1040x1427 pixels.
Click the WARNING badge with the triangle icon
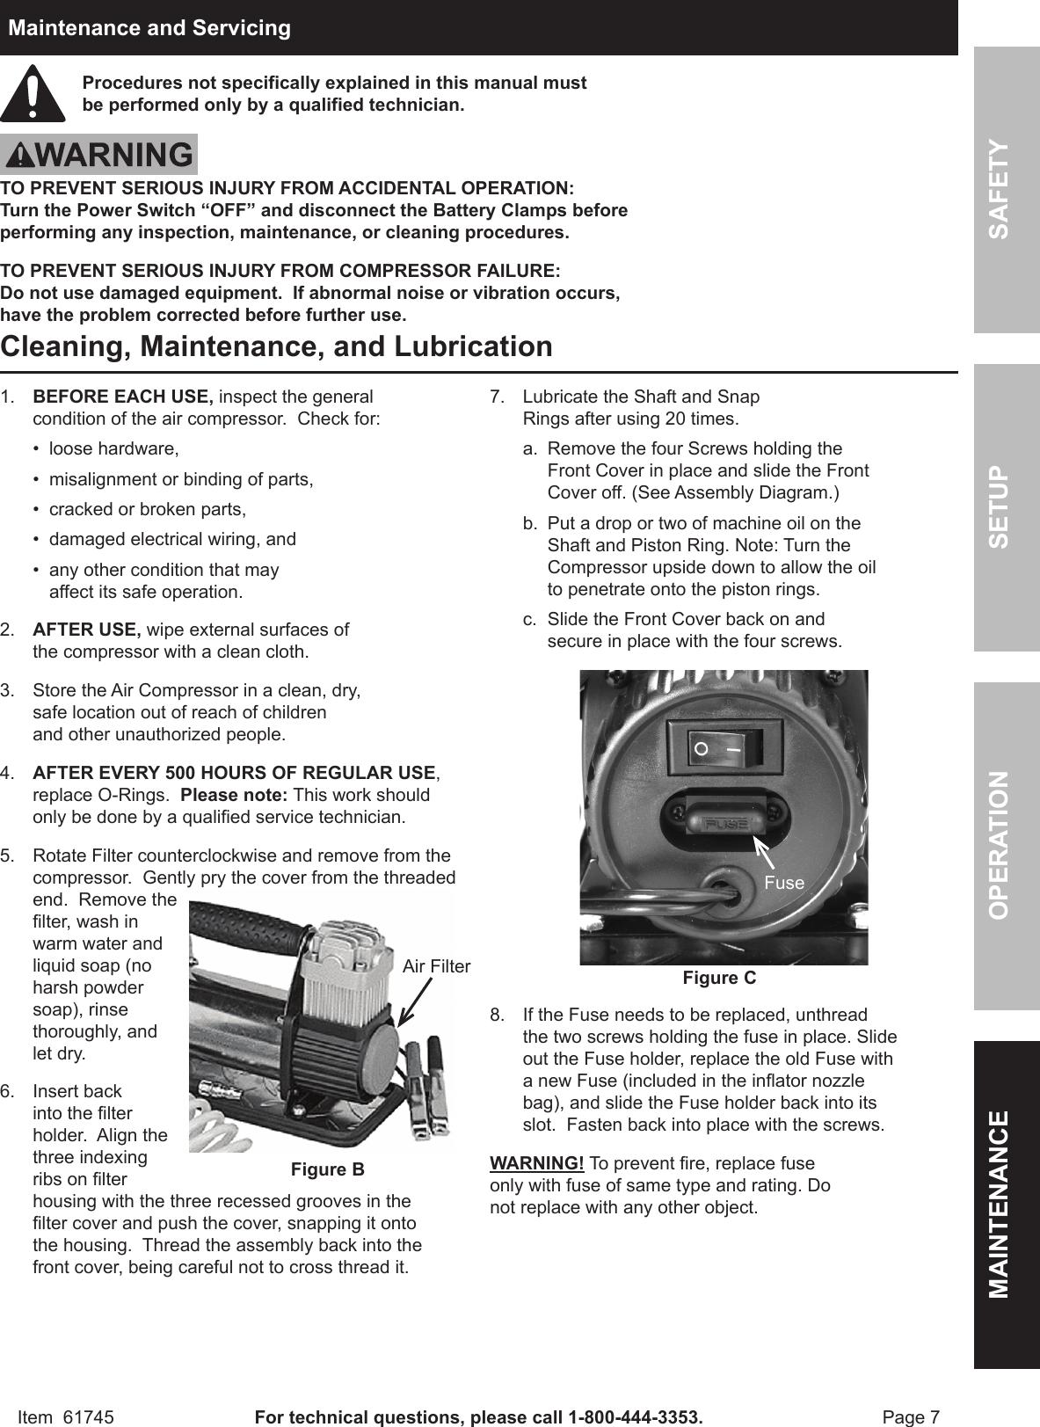98,155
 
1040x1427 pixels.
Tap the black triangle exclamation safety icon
33,94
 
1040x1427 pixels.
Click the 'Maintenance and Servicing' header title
149,28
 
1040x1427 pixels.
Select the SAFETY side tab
1006,189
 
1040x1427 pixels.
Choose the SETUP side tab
1006,507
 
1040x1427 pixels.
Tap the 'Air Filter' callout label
436,966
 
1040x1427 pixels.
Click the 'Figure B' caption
327,1169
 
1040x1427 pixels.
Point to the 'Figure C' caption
719,978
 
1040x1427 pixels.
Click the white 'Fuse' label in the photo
783,883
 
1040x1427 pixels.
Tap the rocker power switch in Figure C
724,750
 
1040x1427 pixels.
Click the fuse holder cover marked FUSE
724,823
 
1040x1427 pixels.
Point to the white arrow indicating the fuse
768,854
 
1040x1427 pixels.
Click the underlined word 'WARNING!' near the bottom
536,1163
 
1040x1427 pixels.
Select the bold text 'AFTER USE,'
86,630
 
